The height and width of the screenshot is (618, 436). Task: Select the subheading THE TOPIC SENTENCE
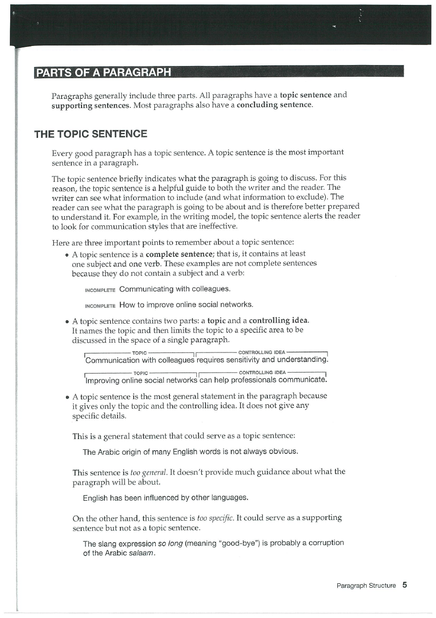coord(91,134)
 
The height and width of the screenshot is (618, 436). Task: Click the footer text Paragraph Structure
coord(366,585)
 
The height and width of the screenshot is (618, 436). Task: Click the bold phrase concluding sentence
coord(274,105)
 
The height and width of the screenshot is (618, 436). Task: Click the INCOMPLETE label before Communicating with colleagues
coord(100,289)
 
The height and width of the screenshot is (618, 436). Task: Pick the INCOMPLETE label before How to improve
coord(100,306)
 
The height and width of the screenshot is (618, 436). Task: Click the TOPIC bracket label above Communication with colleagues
coord(140,353)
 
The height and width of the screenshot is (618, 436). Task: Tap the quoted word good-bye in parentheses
coord(242,543)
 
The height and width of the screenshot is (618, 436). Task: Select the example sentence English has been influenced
coord(166,498)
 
